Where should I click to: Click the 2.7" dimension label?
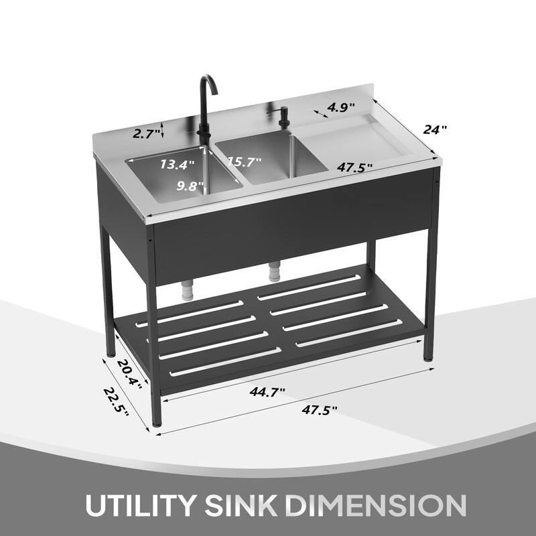coord(145,134)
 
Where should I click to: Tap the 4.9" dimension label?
coord(341,107)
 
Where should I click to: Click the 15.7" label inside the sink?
coord(244,161)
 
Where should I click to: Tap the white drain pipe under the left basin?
coord(188,289)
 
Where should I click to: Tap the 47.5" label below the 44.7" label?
coord(320,409)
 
